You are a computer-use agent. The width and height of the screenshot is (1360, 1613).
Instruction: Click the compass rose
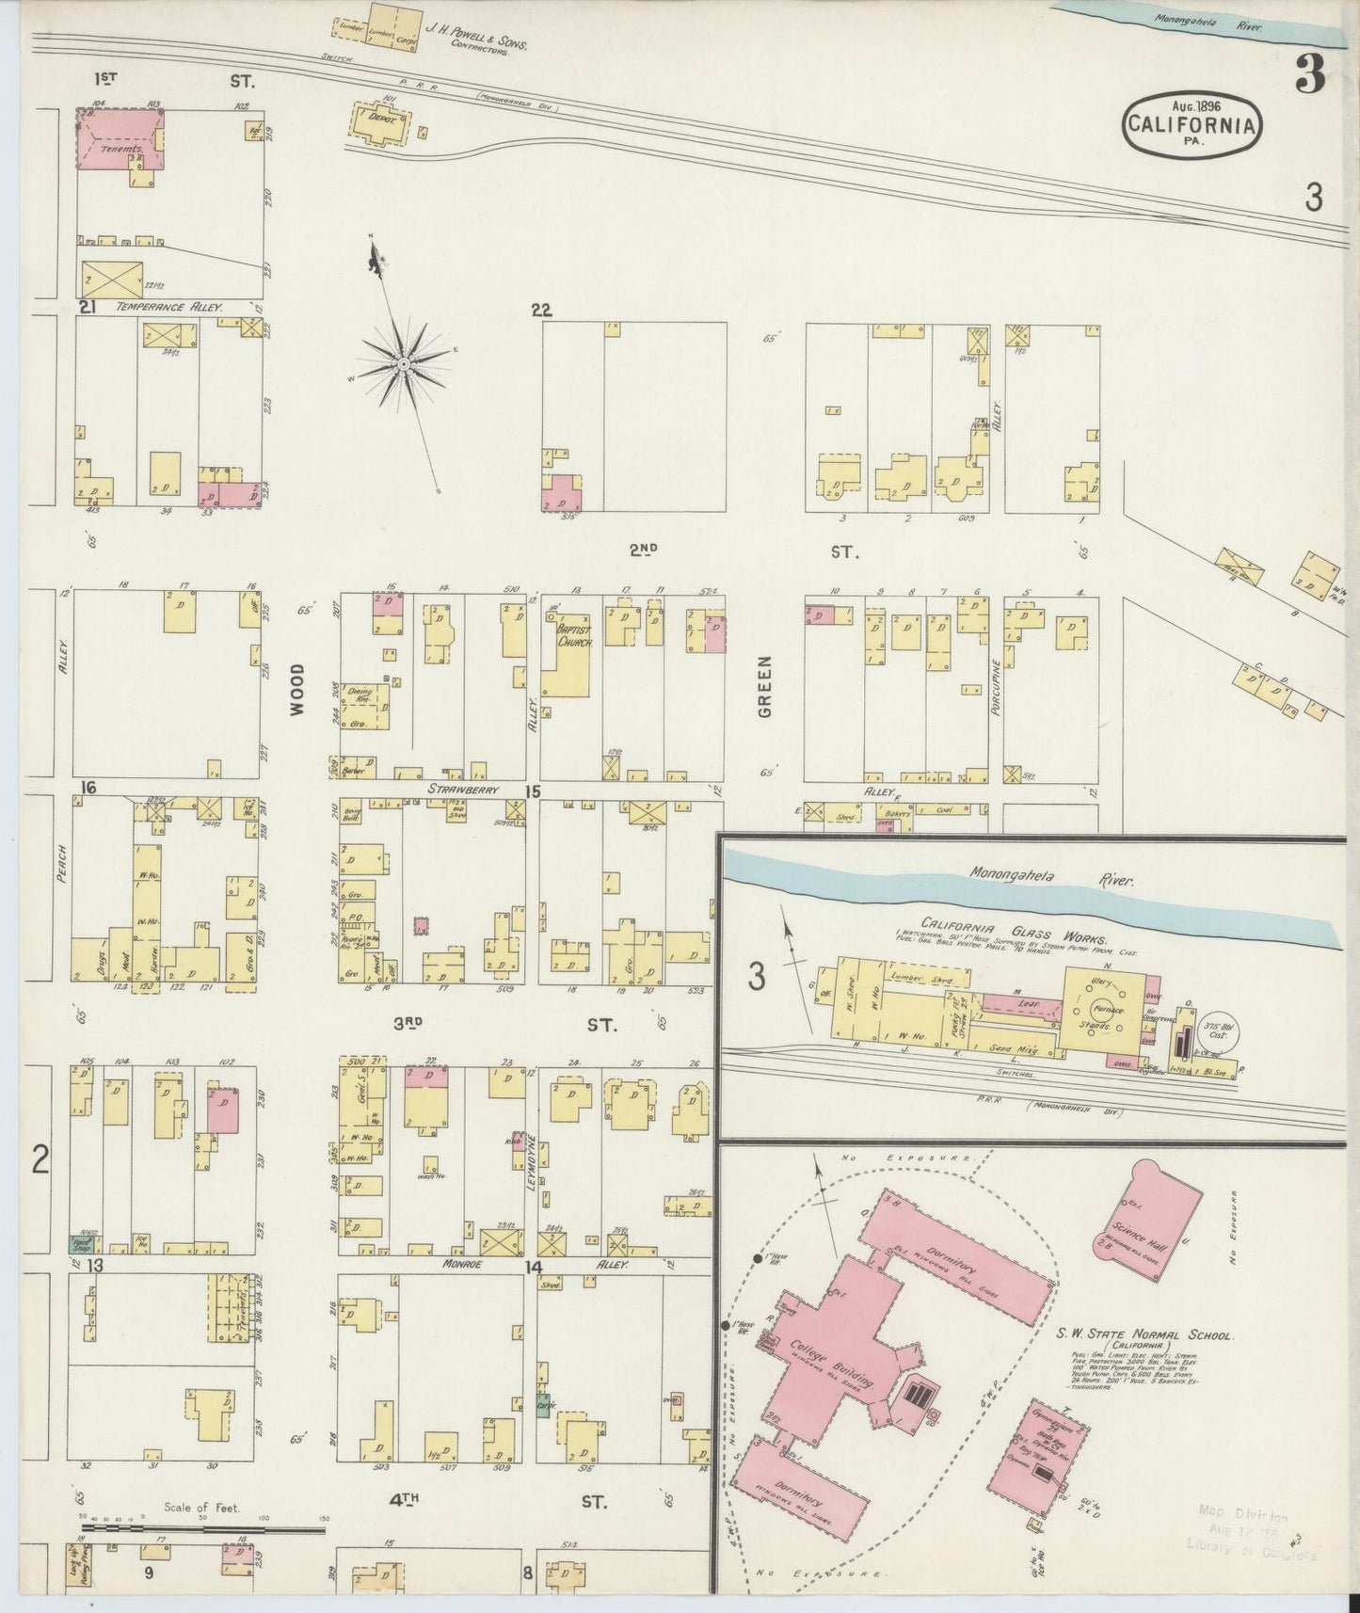click(404, 363)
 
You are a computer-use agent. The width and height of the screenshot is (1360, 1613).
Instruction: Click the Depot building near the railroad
click(382, 123)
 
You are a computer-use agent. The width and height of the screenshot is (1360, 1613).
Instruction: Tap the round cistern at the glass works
click(1219, 1036)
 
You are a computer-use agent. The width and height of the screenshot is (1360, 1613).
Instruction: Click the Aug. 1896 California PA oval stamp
click(1192, 120)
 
